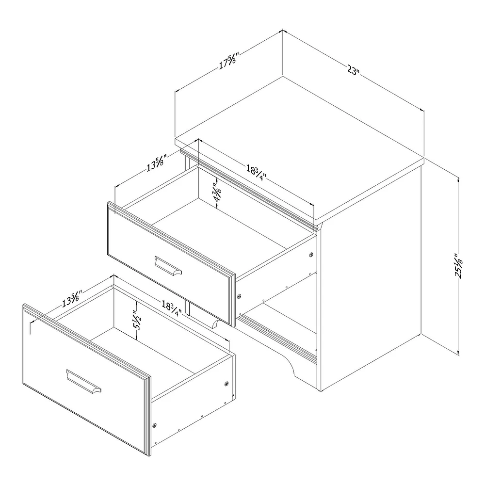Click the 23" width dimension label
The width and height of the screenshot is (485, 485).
click(353, 70)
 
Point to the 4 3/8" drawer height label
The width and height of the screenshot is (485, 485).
click(217, 192)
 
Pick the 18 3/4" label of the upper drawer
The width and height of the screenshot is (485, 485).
click(257, 173)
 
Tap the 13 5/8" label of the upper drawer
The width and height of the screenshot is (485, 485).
click(157, 162)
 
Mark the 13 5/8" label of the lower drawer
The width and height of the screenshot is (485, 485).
click(72, 298)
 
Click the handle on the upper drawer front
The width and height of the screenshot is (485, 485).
click(168, 265)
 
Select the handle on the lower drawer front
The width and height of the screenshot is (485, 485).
click(83, 382)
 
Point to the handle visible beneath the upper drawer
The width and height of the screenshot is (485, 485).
click(213, 324)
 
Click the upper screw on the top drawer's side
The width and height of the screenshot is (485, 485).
click(311, 254)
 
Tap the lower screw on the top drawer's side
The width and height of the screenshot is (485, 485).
click(239, 296)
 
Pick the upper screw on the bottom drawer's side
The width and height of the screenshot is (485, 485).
click(226, 384)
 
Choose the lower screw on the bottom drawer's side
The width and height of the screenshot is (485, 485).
click(155, 425)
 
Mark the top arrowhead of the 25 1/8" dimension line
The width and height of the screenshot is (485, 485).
click(458, 179)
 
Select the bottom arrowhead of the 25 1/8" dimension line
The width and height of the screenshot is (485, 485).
click(458, 353)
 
